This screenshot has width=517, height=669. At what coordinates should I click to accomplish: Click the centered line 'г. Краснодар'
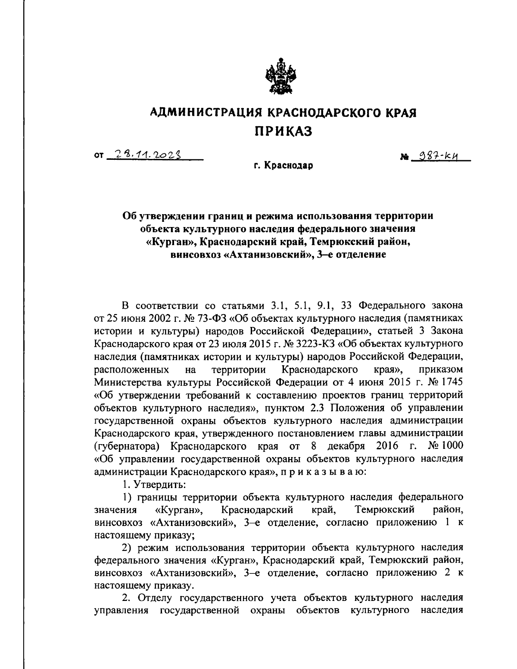pos(283,165)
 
